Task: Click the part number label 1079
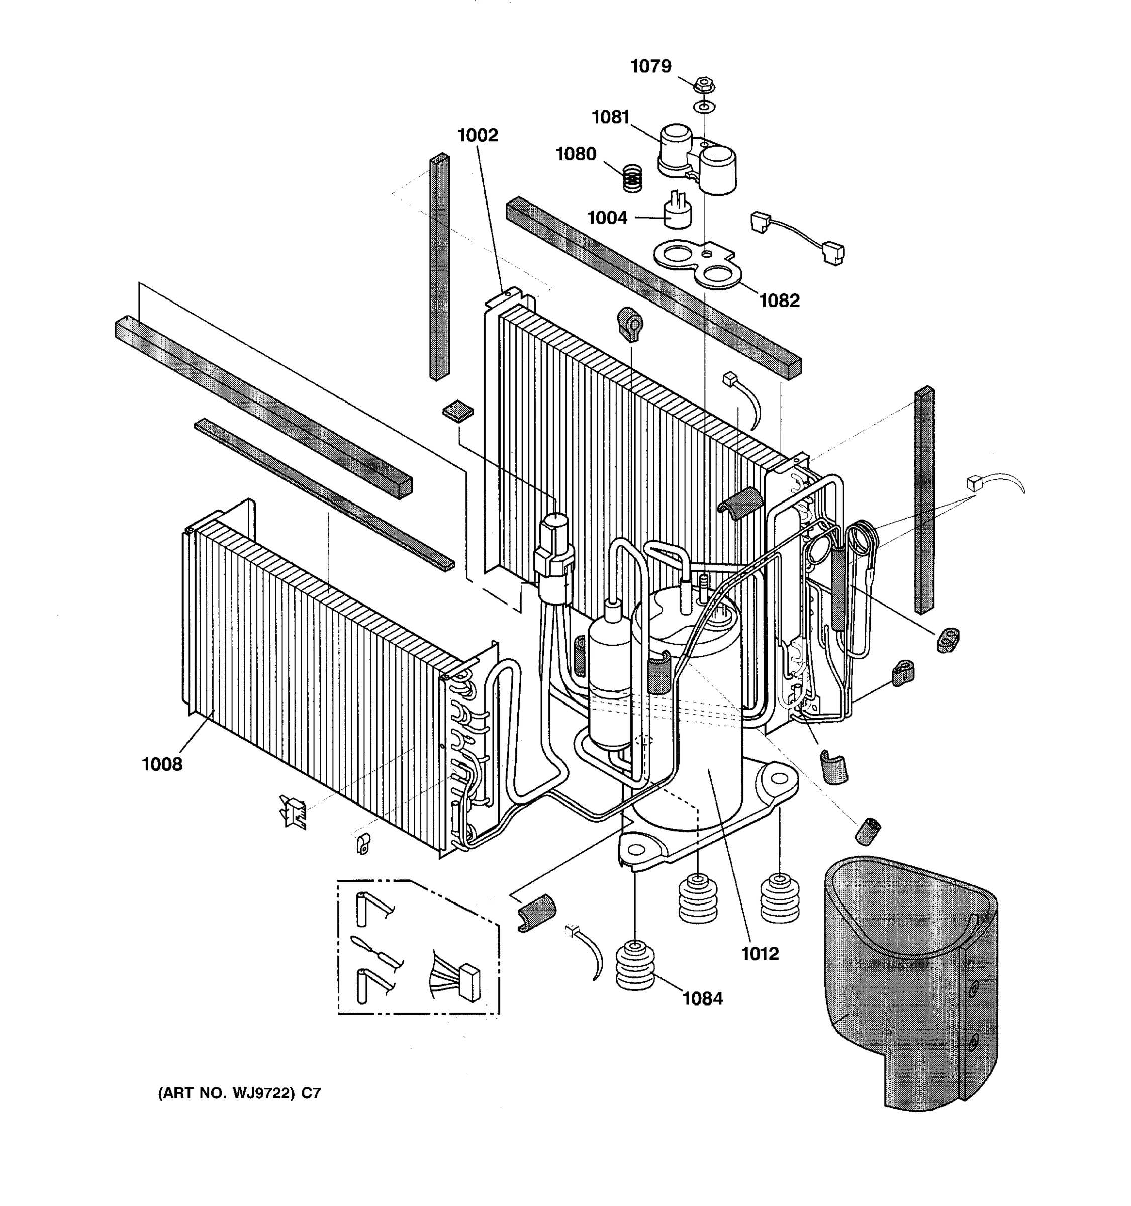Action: [x=650, y=66]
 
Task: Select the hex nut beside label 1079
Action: [x=704, y=84]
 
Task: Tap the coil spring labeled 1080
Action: [x=632, y=179]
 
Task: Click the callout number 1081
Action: [x=610, y=117]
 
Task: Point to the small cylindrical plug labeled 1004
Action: [x=677, y=214]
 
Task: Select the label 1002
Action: [x=478, y=135]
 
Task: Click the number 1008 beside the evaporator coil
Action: [x=162, y=765]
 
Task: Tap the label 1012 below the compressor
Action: [x=760, y=954]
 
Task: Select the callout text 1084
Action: [x=702, y=998]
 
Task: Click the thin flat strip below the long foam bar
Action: [x=324, y=493]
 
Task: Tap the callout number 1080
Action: [x=576, y=154]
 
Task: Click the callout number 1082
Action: [x=779, y=300]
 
